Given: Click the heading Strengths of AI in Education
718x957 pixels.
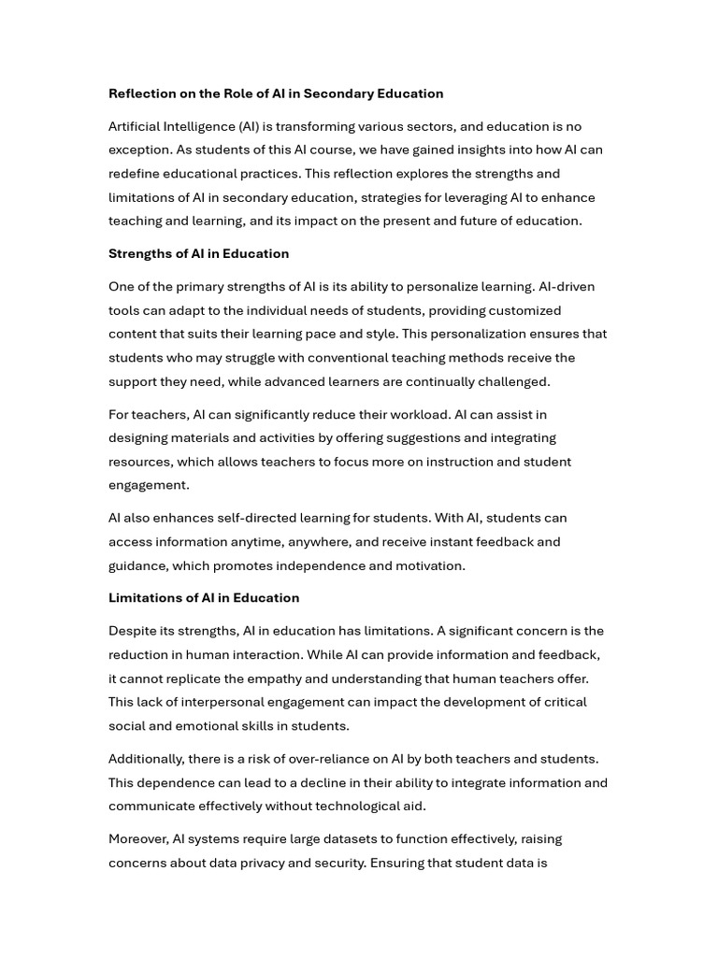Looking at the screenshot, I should (198, 253).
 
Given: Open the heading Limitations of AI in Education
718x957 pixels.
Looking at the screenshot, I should (204, 597).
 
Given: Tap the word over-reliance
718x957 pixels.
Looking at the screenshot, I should (320, 759).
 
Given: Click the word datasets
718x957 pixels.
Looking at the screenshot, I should (349, 838).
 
